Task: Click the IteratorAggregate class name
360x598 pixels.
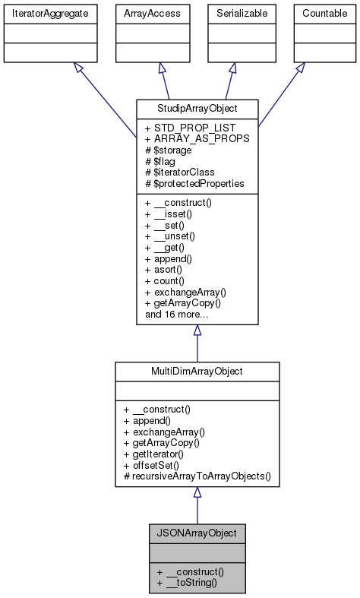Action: pos(49,14)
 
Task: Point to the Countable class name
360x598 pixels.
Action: pos(325,14)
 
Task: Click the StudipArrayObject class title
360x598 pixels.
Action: pos(197,107)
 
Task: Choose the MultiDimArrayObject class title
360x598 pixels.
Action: pos(197,370)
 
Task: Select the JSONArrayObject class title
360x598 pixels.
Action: pos(197,533)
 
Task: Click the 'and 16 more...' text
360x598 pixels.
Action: pos(176,314)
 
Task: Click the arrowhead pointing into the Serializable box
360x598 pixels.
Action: pos(232,68)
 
